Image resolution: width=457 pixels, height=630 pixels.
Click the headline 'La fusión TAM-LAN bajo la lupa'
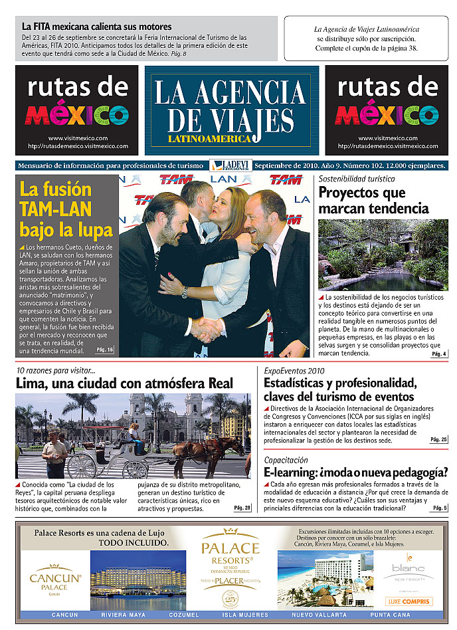(66, 209)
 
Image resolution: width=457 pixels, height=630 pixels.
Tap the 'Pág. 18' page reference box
(105, 350)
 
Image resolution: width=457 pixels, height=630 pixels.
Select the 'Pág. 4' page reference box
(439, 354)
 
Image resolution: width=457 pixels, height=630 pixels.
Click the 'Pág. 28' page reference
(242, 508)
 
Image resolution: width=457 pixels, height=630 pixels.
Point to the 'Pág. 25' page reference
(438, 439)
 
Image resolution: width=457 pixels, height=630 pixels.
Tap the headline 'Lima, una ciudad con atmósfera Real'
(125, 383)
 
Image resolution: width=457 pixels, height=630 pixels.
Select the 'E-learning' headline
(355, 472)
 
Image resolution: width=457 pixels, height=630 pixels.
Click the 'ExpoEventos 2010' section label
(294, 371)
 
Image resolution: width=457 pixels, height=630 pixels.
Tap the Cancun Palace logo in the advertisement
(55, 579)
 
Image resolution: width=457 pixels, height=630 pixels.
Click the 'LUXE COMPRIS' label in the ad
(409, 601)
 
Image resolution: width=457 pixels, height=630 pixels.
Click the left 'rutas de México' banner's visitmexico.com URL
(77, 138)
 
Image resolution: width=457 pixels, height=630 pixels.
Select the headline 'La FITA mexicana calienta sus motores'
(96, 27)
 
